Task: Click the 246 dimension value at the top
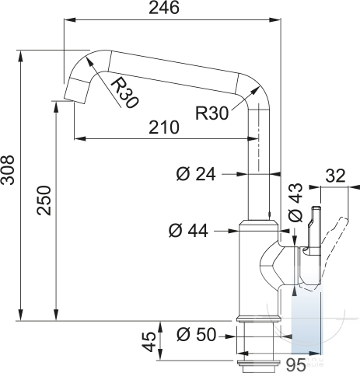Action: (x=164, y=8)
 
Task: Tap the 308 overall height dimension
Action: (x=8, y=170)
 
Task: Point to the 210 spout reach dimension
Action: (x=164, y=127)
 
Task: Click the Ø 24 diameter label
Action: (x=196, y=174)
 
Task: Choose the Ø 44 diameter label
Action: (x=188, y=231)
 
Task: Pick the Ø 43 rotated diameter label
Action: (x=295, y=203)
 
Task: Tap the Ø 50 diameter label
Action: (x=196, y=334)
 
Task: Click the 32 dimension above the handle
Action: (x=336, y=176)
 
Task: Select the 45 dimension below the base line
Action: (x=149, y=342)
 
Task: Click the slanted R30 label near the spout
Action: (x=124, y=93)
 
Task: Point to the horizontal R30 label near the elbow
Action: (x=212, y=113)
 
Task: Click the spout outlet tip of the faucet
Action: (x=75, y=100)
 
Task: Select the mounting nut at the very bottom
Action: (x=258, y=365)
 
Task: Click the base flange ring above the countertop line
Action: (x=258, y=318)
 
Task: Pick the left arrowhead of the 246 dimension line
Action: (x=70, y=19)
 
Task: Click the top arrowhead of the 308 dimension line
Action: (x=21, y=56)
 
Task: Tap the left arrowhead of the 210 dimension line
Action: (x=80, y=139)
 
